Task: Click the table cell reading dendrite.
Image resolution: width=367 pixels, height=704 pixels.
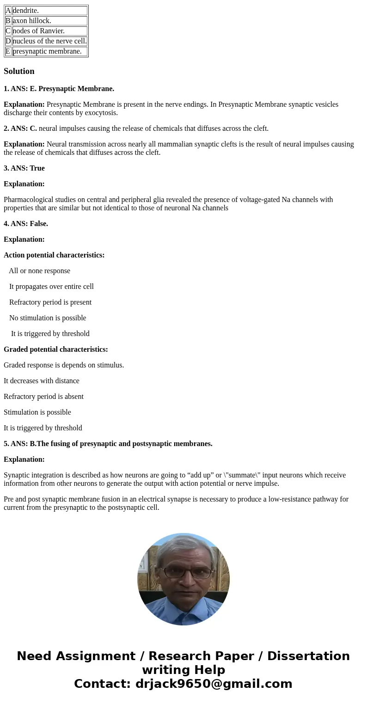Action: point(49,11)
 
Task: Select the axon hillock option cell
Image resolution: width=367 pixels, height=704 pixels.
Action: point(49,21)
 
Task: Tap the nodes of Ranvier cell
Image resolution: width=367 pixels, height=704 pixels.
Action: point(49,31)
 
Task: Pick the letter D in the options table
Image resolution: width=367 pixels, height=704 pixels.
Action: point(8,41)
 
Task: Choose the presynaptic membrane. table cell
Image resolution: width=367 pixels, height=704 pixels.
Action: point(49,51)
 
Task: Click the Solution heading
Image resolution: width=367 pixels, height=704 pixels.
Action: point(19,71)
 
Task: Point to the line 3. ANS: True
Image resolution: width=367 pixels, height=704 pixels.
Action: point(24,168)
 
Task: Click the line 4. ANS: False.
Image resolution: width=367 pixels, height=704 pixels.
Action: point(26,224)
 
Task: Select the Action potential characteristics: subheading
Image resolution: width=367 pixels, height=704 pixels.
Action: point(54,255)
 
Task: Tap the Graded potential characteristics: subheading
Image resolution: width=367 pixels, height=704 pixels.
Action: point(55,349)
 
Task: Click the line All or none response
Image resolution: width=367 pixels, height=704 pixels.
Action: point(39,271)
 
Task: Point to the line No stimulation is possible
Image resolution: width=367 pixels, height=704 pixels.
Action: point(48,318)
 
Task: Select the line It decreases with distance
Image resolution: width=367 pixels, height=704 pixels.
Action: point(42,381)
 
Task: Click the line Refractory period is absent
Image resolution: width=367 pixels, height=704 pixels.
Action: point(43,397)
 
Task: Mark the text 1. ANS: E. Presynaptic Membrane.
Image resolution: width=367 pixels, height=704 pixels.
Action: point(59,89)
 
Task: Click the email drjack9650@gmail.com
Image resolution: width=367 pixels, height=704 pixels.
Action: point(214,684)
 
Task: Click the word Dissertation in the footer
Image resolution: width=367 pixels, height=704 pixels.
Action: point(308,656)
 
